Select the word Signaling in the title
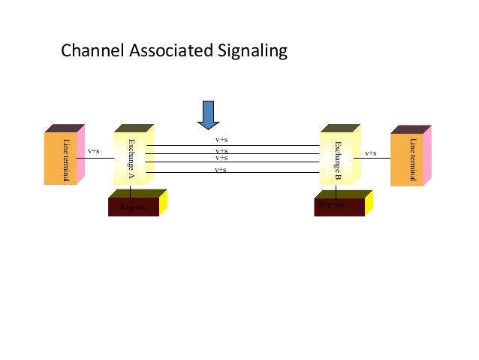(249, 52)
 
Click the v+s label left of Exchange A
(94, 151)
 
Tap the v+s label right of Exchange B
(371, 153)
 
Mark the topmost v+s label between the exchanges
(221, 140)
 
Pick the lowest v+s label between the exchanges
(221, 170)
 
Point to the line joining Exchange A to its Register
(131, 189)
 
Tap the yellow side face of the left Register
(163, 202)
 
